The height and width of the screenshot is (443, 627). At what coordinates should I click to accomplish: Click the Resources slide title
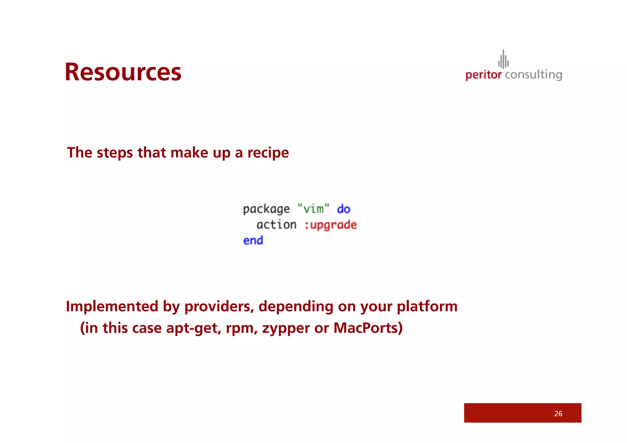coord(123,72)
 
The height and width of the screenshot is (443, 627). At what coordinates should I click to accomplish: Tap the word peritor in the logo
coord(483,75)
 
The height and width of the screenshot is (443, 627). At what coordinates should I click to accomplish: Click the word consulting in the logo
coord(533,75)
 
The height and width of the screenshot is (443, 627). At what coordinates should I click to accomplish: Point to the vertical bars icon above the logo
coord(503,59)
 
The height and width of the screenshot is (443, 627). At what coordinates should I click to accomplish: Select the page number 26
coord(558,414)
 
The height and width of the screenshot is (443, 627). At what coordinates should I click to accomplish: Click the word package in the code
coord(266,209)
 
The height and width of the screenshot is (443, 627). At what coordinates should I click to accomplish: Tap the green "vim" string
coord(313,209)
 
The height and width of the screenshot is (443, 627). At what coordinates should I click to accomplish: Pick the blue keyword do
coord(344,209)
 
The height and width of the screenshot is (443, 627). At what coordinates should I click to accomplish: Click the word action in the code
coord(276,225)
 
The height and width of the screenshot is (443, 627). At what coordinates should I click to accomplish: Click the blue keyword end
coord(253,241)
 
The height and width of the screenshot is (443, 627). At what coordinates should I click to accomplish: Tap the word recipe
coord(268,153)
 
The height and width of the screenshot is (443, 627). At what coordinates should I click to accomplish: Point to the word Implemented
coord(112,306)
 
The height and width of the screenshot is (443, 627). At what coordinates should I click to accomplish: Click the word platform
coord(427,306)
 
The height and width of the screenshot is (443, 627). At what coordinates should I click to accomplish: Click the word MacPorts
coord(367,328)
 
